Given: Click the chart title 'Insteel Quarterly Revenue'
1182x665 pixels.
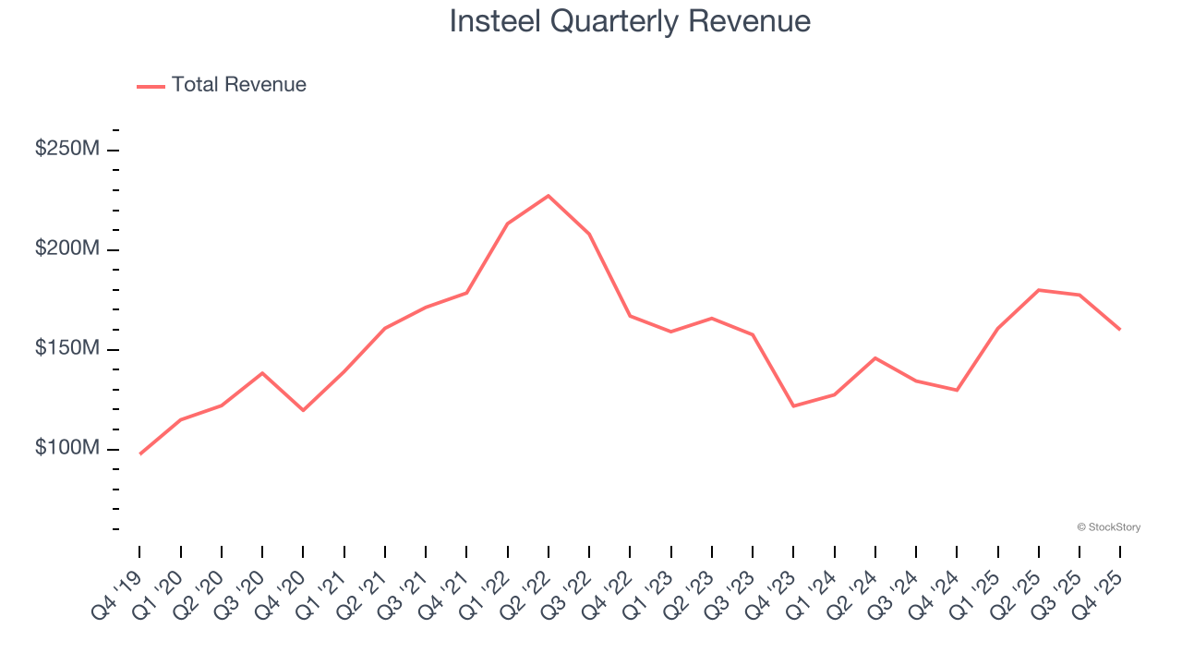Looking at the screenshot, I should (x=630, y=20).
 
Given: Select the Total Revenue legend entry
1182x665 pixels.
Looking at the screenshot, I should (x=222, y=85).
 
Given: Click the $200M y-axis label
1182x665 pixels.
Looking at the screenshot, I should (x=66, y=250).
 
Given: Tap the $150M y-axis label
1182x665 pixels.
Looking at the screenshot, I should (x=66, y=350).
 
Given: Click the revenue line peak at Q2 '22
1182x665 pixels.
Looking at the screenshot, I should (x=549, y=196).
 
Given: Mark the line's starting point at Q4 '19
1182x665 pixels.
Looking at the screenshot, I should (x=140, y=453).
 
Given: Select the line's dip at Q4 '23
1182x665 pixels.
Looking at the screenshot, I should (x=793, y=406).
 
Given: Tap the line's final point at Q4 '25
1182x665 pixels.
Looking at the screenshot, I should (x=1119, y=329).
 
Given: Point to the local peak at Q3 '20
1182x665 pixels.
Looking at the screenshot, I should (x=262, y=373).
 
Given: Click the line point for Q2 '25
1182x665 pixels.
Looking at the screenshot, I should (x=1039, y=290).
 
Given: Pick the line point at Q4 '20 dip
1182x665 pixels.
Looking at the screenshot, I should (x=303, y=410).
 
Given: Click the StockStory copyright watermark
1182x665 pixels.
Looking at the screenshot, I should (x=1108, y=527).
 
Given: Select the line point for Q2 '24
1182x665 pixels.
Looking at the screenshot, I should (x=875, y=357).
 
